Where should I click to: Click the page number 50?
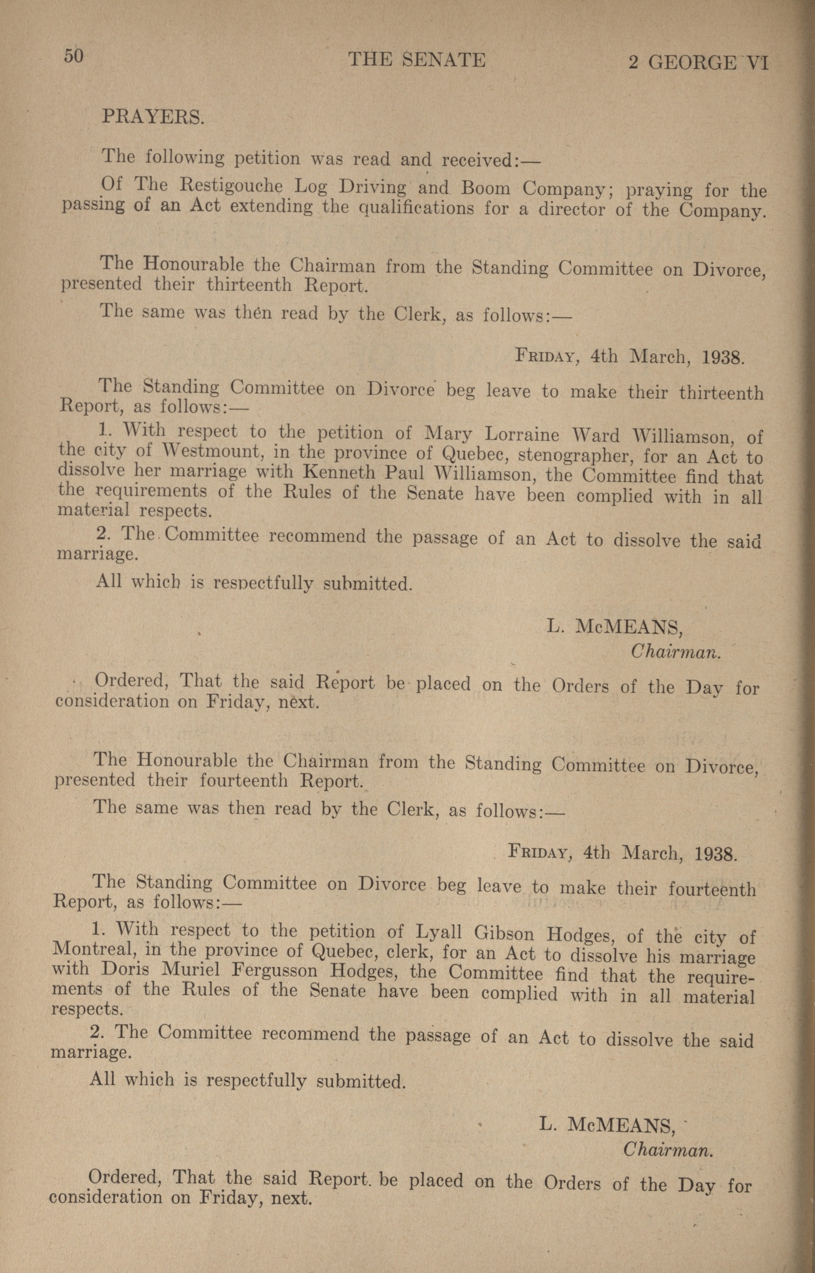[x=74, y=56]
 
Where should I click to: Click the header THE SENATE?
[x=417, y=60]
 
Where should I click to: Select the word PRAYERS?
[x=152, y=117]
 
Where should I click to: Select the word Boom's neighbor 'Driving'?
[x=372, y=187]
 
